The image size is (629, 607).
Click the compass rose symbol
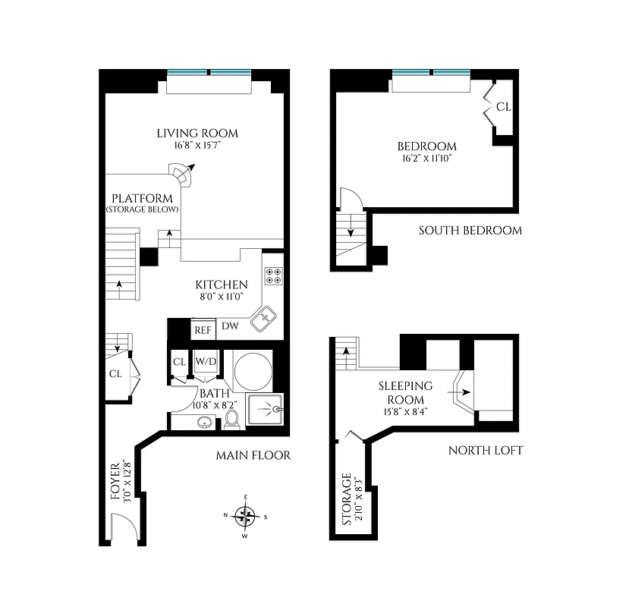coord(244,517)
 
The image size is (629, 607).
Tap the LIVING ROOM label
coord(197,134)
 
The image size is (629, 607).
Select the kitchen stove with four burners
coord(272,276)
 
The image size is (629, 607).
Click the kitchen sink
coord(263,319)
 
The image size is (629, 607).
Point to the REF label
coord(203,330)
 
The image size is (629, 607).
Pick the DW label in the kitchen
coord(231,327)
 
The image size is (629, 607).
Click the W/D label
coord(206,362)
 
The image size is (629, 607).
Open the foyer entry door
coord(123,529)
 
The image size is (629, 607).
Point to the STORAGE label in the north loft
coord(347,500)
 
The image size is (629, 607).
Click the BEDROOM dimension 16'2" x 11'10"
coord(426,159)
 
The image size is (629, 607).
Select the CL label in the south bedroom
coord(504,107)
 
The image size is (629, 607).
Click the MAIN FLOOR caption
coord(253,455)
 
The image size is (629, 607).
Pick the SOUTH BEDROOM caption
coord(470,230)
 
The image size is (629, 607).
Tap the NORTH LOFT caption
coord(486,450)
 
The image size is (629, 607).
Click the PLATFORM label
coord(143,199)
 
